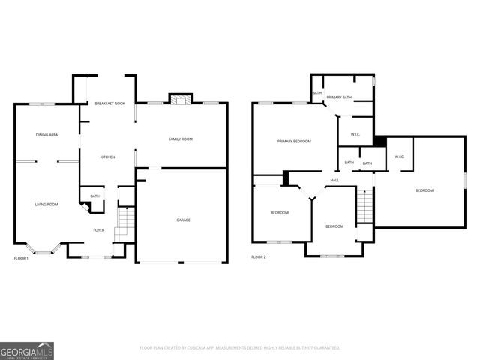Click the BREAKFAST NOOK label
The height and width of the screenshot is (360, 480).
point(111,103)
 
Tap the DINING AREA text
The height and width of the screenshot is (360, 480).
point(47,135)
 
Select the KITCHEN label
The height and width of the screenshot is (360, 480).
point(108,157)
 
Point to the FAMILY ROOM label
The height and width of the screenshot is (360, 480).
point(181,139)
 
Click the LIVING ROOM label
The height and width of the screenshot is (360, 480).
point(46,204)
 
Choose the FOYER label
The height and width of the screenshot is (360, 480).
point(99,230)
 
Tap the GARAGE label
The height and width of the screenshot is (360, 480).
point(183,220)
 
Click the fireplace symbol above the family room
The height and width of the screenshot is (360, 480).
point(181,99)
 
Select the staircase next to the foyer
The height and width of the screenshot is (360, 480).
point(125,223)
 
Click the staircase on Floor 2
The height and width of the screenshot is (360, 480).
point(364,205)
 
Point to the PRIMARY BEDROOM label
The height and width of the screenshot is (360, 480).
point(294,141)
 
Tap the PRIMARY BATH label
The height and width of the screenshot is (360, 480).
point(339,97)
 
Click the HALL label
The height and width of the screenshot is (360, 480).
point(334,180)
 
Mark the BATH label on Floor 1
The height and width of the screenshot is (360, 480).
point(95,196)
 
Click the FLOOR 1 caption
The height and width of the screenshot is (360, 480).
point(22,258)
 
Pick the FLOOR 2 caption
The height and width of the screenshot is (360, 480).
point(259,257)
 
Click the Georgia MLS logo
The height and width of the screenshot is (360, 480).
point(27,350)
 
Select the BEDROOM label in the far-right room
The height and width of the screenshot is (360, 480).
point(424,190)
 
